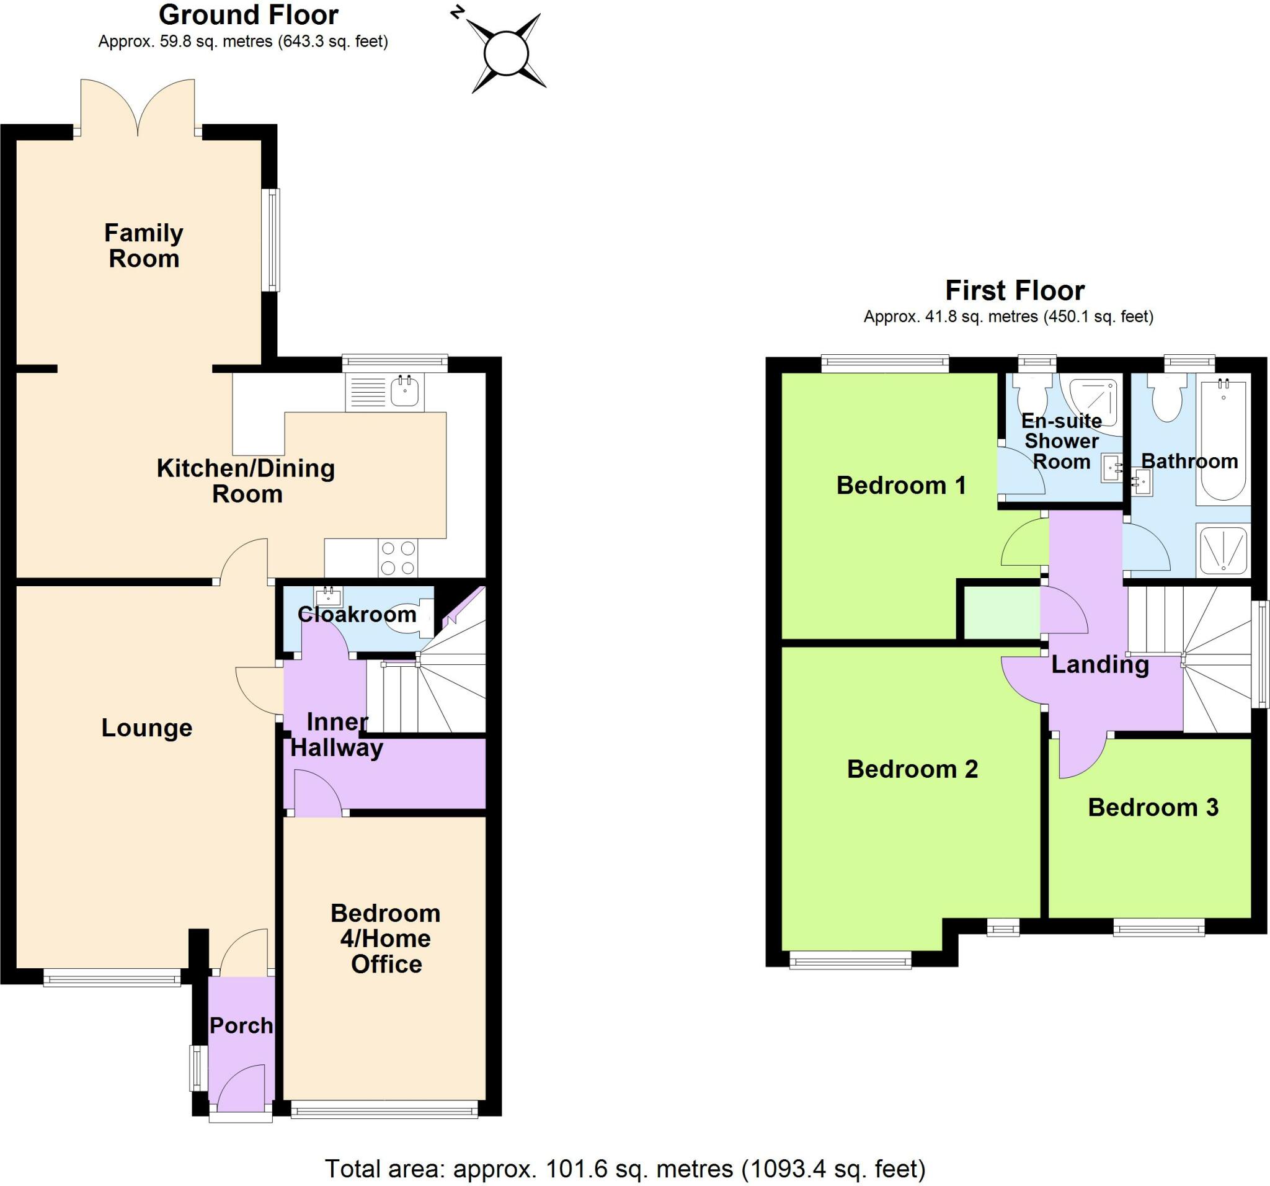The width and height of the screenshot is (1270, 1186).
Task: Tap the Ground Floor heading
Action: click(248, 16)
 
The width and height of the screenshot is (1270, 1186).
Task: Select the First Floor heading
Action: click(1015, 291)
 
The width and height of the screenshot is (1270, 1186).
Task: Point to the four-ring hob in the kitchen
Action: click(397, 557)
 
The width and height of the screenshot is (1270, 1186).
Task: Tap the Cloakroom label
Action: click(357, 614)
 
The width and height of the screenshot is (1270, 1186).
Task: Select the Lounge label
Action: click(146, 728)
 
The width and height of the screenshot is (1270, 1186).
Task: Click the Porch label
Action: click(241, 1025)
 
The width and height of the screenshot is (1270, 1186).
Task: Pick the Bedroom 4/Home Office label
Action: click(386, 938)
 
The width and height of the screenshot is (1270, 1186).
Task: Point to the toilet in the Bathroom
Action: click(1167, 399)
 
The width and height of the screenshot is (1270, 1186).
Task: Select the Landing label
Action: click(1099, 664)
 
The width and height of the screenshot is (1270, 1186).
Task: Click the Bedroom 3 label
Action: click(1152, 807)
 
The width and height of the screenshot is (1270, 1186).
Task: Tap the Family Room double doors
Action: click(137, 109)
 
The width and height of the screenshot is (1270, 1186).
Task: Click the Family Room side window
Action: click(273, 239)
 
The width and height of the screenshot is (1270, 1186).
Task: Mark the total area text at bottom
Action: click(625, 1168)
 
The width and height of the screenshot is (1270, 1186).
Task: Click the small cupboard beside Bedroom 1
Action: click(1001, 613)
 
